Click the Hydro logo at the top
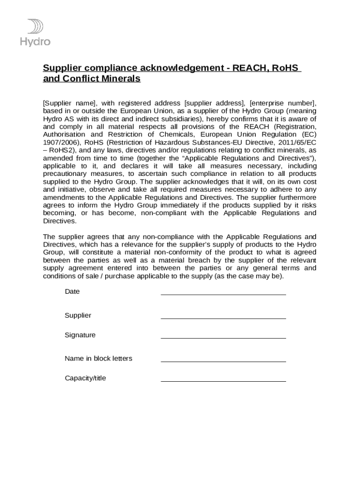pos(35,32)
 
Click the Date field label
pos(72,291)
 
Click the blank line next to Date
pos(223,294)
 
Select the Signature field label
pos(80,335)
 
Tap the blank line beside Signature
pos(223,337)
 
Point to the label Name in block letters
pos(98,358)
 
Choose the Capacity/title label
pos(85,378)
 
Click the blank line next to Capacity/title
pos(223,381)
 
